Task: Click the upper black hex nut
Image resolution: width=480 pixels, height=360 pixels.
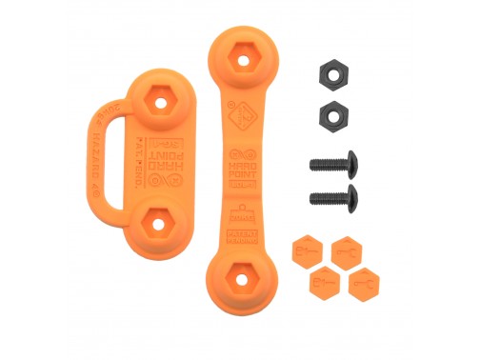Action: click(330, 76)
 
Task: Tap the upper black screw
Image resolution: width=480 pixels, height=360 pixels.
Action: click(332, 163)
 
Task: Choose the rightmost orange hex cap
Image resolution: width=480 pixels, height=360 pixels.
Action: click(363, 283)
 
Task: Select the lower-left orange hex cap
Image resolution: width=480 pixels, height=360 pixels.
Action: click(324, 282)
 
